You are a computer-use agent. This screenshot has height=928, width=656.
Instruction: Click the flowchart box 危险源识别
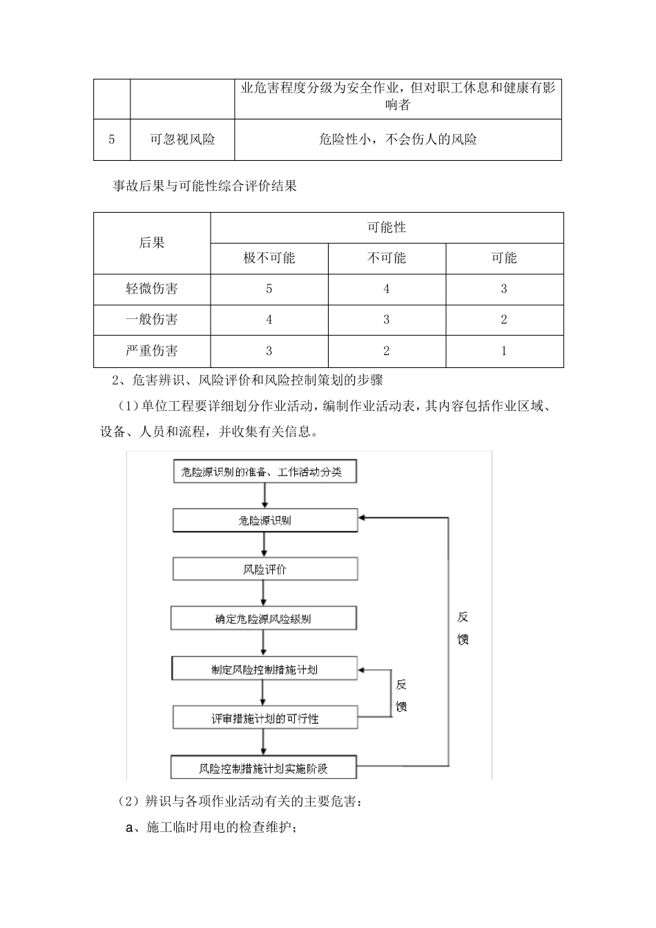tap(265, 521)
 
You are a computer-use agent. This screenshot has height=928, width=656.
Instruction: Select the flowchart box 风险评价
tap(265, 570)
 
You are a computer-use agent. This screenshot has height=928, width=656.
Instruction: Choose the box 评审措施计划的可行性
tap(265, 718)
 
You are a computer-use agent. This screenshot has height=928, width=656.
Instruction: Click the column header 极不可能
tap(269, 258)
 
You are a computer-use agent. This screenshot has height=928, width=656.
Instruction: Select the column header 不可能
tap(387, 258)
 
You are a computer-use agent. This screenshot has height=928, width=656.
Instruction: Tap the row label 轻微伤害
tap(152, 289)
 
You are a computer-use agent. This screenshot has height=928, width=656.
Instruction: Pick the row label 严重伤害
tap(152, 351)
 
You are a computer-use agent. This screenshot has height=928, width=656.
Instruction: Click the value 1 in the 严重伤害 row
tap(504, 351)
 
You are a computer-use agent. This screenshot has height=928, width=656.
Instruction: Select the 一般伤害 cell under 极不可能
tap(269, 320)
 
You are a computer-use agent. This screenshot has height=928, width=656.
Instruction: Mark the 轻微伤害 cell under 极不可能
tap(269, 289)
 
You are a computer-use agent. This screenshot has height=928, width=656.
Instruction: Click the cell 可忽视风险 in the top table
tap(182, 139)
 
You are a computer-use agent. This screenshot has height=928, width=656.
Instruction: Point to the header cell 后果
tap(152, 242)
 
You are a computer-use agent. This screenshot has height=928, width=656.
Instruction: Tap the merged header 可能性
tap(387, 227)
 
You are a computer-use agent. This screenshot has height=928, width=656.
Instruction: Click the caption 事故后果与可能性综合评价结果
tap(204, 186)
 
